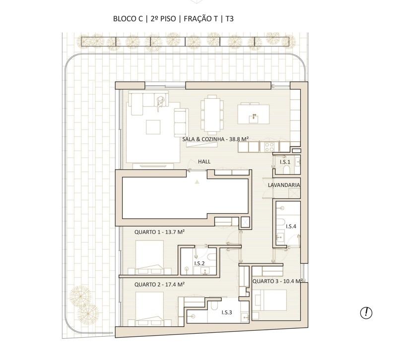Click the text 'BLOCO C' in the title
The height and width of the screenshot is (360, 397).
click(128, 19)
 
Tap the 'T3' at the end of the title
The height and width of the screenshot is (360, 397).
click(229, 19)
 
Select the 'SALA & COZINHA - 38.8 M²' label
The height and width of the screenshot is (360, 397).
click(215, 139)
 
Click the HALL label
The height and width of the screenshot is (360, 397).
click(204, 162)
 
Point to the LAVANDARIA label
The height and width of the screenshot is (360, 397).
click(284, 185)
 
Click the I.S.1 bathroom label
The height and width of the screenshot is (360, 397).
click(285, 162)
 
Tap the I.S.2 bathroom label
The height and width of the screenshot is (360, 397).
click(199, 263)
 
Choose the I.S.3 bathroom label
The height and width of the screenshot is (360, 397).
click(227, 312)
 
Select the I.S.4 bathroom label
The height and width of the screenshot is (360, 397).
click(291, 227)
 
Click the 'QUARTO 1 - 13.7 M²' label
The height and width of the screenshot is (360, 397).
click(159, 232)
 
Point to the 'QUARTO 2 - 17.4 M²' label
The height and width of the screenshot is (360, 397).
click(159, 285)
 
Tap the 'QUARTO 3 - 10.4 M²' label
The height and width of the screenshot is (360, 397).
click(277, 281)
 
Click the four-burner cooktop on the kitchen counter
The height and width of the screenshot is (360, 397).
click(269, 147)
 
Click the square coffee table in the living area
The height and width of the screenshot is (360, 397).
click(153, 127)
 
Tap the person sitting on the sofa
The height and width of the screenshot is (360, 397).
click(160, 103)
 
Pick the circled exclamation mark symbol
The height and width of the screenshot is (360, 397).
click(366, 313)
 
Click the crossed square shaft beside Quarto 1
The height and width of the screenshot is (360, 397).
click(245, 222)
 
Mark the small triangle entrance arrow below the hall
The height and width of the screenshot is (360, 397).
click(197, 181)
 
